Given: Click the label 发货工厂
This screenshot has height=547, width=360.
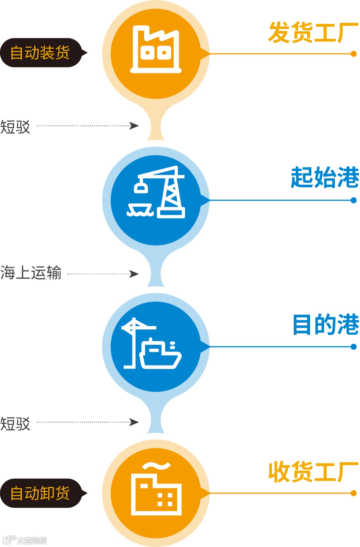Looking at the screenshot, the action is (x=313, y=33).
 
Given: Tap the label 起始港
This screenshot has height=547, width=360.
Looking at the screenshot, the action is (x=325, y=177).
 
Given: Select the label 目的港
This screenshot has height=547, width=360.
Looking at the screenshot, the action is (x=326, y=324).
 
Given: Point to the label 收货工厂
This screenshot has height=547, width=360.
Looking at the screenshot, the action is (x=313, y=472).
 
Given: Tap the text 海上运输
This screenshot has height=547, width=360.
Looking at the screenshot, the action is (x=31, y=273).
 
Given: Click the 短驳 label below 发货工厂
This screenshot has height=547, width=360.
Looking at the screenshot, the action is (x=15, y=127).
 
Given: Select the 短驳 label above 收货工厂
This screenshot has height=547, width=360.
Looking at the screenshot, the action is (x=15, y=424).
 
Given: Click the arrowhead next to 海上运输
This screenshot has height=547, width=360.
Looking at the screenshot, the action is (x=134, y=274).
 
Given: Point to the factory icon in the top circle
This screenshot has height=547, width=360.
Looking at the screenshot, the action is (x=156, y=49).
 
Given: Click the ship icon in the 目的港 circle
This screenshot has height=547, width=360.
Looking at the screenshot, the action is (x=160, y=354).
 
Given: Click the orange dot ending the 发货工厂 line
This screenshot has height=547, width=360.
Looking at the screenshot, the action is (x=354, y=54).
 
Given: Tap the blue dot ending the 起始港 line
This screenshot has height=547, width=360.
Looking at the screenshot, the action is (x=354, y=200).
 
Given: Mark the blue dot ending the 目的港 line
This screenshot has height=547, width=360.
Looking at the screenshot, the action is (x=354, y=347).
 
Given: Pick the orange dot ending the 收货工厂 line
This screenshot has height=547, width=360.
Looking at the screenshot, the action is (x=354, y=493).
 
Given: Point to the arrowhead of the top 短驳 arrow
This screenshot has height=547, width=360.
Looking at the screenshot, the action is (x=134, y=126).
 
